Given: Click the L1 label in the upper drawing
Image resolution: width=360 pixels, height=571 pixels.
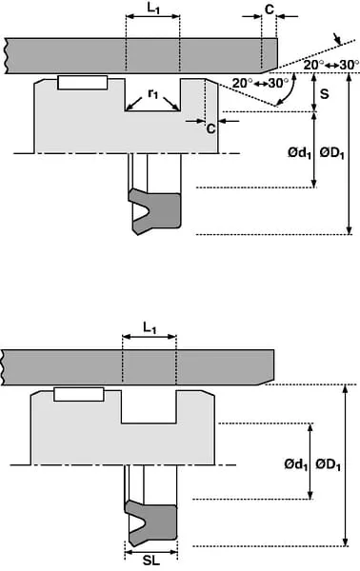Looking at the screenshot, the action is coord(153,9).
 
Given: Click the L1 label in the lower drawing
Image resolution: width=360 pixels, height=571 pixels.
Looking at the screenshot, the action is coord(150,328).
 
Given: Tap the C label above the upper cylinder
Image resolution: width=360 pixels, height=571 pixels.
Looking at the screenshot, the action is coord(269,10).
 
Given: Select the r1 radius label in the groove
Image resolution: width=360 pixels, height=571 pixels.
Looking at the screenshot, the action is coord(153,93).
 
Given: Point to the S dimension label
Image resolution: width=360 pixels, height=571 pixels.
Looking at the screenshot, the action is coord(324,93).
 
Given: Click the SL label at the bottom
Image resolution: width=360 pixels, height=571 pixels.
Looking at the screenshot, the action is coord(151,561).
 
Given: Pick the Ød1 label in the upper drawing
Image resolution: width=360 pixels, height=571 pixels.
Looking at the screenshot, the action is coord(299,153).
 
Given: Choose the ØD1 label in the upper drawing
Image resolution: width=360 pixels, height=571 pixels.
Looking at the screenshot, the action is coord(332,153).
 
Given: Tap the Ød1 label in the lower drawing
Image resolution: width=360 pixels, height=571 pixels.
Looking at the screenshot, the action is coord(296,464).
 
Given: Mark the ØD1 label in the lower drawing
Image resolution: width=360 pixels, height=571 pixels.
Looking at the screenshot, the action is coord(329,464).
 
